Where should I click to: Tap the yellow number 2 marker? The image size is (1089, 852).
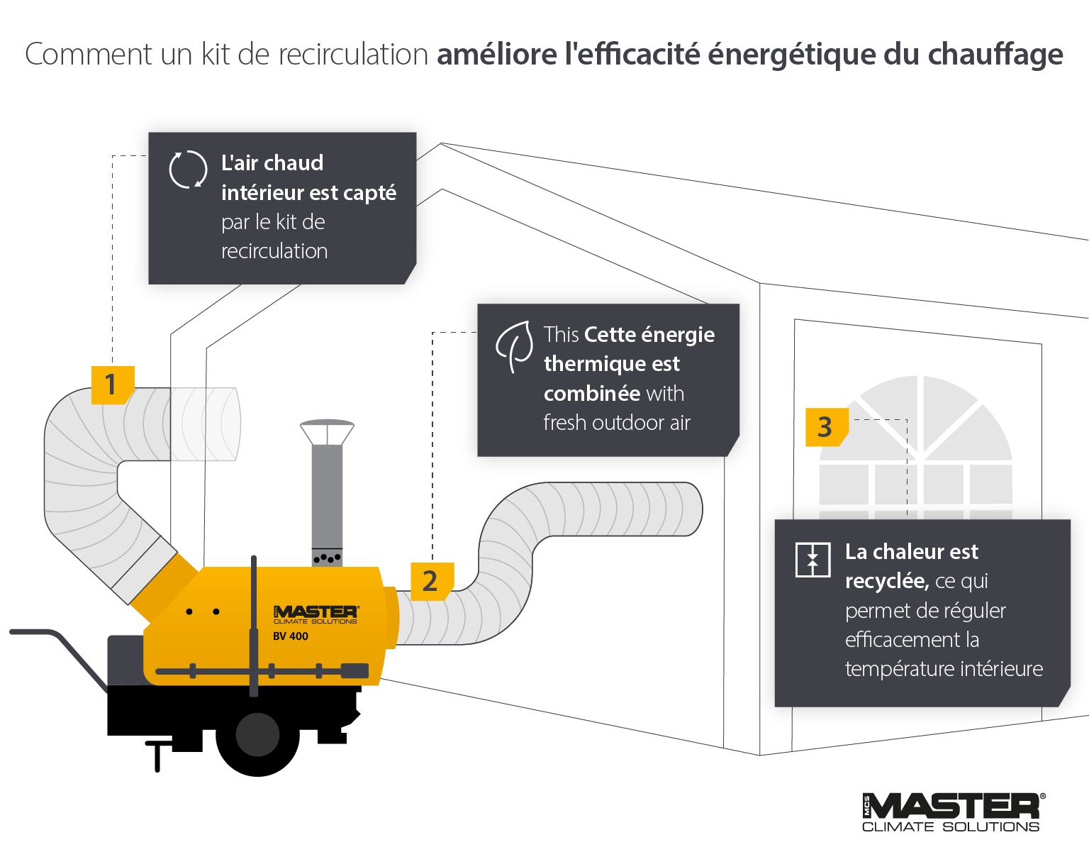coord(431,581)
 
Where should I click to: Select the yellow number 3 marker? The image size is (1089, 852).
coord(825,427)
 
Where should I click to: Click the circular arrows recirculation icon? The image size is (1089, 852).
coord(188,170)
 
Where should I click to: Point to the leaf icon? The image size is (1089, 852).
coord(515,345)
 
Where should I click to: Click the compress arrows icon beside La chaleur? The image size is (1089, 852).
coord(812,560)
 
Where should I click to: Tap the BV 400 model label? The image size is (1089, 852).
coord(291,636)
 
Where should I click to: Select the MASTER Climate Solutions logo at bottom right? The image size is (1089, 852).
coord(953,812)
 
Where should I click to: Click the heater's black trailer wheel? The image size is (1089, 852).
coord(257,735)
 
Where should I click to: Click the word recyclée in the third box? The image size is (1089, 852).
coord(886,582)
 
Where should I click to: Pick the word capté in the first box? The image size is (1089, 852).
coord(370,193)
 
